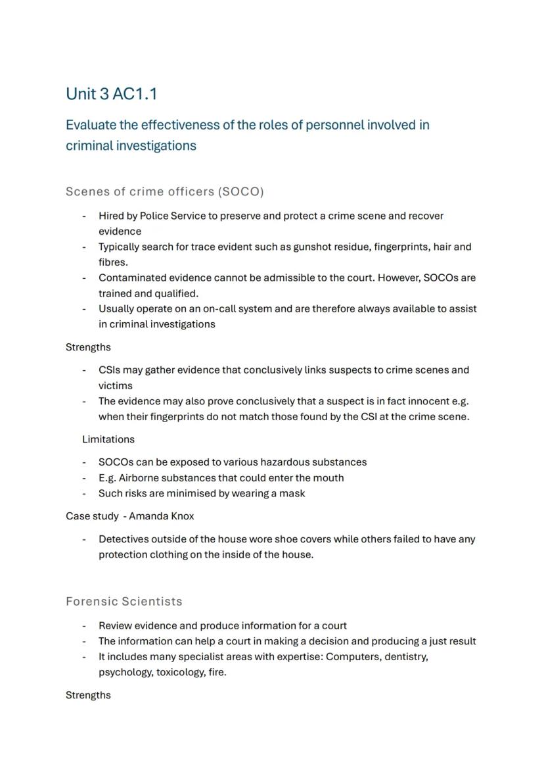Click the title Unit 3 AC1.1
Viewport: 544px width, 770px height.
coord(111,94)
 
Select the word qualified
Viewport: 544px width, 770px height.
coord(176,293)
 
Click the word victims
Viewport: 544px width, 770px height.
coord(116,386)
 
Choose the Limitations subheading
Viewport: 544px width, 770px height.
coord(108,439)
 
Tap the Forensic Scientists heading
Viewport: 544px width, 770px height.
coord(124,602)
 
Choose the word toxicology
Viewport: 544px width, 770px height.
coord(180,672)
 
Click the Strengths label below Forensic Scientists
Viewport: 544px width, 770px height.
coord(88,695)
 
